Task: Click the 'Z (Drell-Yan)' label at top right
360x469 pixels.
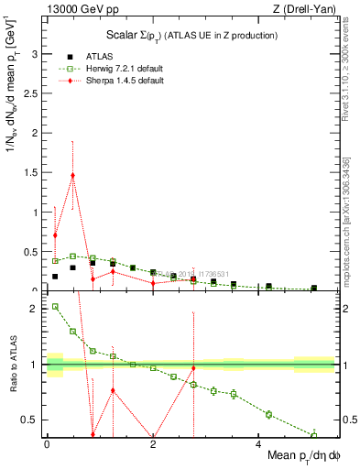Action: [x=304, y=9]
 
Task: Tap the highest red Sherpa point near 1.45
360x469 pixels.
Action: [x=72, y=175]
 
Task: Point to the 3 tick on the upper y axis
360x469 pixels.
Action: [x=36, y=54]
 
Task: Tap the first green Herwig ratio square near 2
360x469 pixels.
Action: [x=55, y=307]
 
